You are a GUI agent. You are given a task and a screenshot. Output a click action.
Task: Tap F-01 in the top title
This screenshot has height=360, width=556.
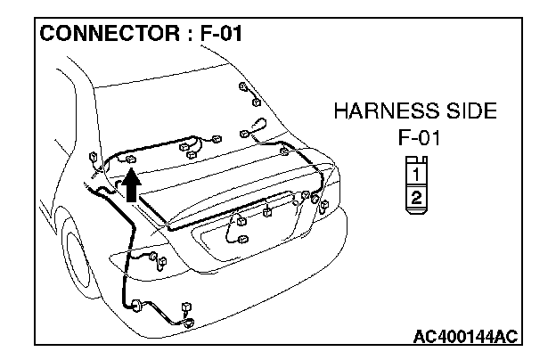click(217, 35)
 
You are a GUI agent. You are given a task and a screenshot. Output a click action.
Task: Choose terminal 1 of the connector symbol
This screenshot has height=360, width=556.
click(415, 176)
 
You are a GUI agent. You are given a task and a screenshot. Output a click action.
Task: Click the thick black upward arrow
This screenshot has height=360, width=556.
click(131, 185)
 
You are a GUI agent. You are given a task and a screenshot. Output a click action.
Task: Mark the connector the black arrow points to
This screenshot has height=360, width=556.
click(131, 160)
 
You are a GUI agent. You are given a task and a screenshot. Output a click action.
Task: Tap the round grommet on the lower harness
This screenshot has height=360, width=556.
click(137, 306)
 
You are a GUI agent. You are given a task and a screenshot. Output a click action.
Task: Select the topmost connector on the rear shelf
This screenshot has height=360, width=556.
click(242, 87)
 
